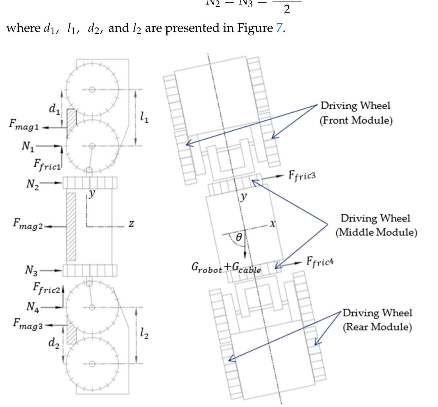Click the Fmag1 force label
coord(24,125)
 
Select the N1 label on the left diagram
coord(28,146)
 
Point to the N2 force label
coord(32,184)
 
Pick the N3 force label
coord(31,270)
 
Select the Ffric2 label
coord(47,288)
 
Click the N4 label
coord(33,307)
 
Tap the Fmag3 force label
coord(28,324)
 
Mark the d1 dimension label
coord(54,108)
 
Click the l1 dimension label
coord(144,117)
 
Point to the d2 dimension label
coord(54,343)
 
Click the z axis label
coord(131,224)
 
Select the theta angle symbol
coord(239,237)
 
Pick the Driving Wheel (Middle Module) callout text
coord(376,225)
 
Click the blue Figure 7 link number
coord(279,28)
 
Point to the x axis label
coord(273,224)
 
